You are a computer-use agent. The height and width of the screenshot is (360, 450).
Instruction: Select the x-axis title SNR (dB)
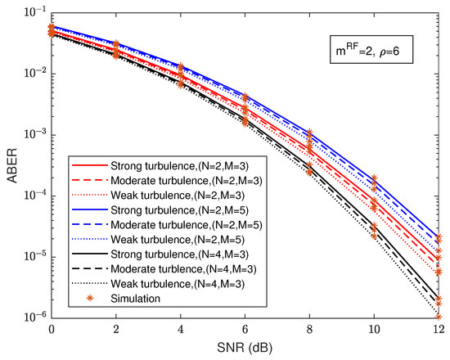point(245,347)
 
